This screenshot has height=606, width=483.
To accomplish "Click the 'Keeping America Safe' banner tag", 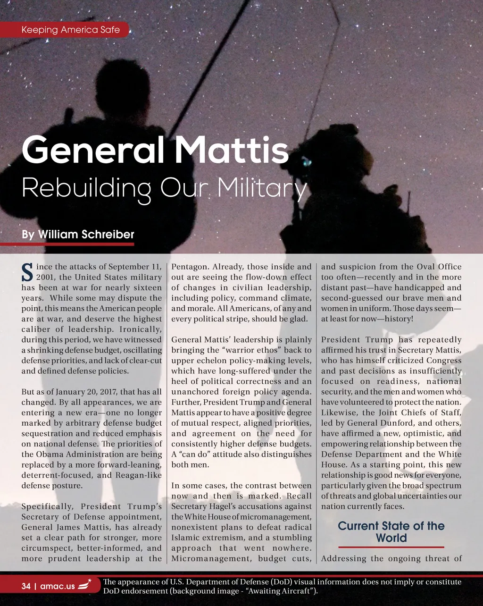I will point(71,30).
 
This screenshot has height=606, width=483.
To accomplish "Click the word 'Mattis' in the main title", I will point(232,150).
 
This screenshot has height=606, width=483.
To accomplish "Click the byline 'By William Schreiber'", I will point(78,235).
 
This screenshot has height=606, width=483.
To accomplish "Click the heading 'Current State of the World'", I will point(391,532).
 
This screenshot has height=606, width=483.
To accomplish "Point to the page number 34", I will point(26,587).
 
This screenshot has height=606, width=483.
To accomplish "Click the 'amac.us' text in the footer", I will point(58,587).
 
